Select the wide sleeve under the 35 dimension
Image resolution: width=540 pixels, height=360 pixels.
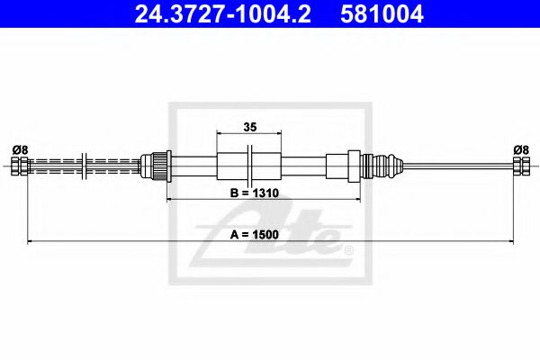click(248, 166)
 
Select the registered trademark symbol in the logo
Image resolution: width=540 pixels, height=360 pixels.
click(349, 249)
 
